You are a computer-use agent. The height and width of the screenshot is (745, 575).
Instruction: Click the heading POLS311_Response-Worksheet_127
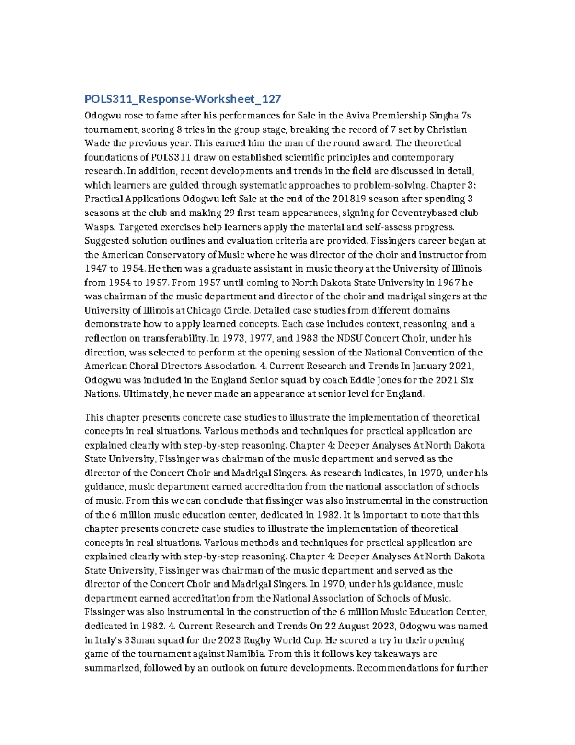(x=183, y=99)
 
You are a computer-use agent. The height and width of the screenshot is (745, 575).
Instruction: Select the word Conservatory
(x=174, y=255)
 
